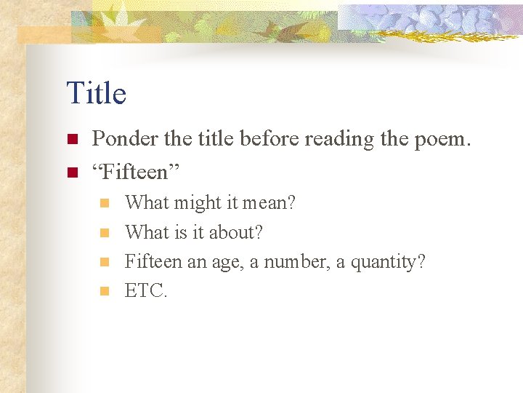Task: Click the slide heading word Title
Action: pos(96,93)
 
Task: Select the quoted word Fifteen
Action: pos(137,172)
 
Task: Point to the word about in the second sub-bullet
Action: pos(238,233)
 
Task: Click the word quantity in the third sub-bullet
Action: pos(388,262)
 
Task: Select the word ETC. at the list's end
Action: pos(146,291)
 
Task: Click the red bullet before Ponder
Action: pos(72,139)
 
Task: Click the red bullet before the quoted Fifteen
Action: pos(72,172)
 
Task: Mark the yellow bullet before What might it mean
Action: pos(105,203)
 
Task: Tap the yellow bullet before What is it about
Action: pos(105,233)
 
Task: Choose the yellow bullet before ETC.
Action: pos(105,291)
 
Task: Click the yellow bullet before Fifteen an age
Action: pos(105,262)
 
